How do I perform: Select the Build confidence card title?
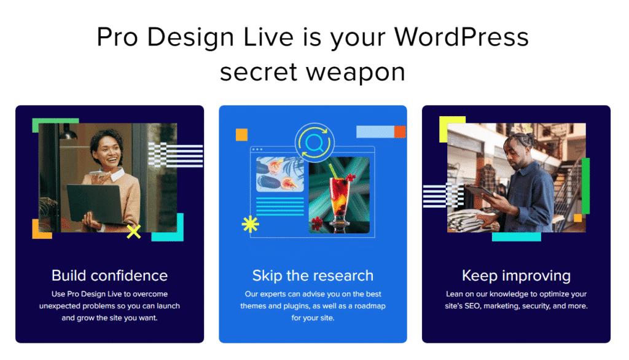[109, 275]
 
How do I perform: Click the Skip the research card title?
[313, 275]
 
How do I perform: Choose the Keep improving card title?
[516, 275]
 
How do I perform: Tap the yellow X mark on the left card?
[133, 232]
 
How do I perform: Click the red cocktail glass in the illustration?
[338, 194]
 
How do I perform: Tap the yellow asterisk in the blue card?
[250, 225]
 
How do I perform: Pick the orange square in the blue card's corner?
[241, 135]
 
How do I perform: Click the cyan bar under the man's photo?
[516, 237]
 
